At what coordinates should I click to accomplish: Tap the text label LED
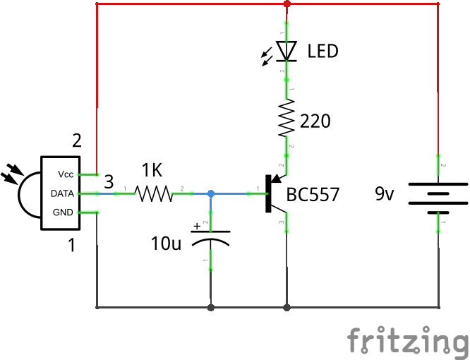coord(323,52)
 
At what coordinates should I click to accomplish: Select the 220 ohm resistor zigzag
coord(287,117)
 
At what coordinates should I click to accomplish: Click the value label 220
coord(315,122)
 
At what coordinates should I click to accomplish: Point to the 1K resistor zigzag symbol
coord(153,193)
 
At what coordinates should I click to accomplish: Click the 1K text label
coord(152,170)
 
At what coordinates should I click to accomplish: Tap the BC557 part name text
coord(313,194)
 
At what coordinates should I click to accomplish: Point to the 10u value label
coord(167,244)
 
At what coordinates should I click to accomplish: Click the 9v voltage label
coord(385,193)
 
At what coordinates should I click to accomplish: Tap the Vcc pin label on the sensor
coord(66,174)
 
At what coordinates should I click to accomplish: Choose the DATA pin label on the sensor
coord(64,193)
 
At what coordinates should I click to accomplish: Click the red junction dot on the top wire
coord(287,4)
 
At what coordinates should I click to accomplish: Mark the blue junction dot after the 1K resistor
coord(210,193)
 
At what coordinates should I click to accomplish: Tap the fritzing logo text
coord(407,340)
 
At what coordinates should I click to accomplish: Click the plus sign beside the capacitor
coord(198,227)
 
